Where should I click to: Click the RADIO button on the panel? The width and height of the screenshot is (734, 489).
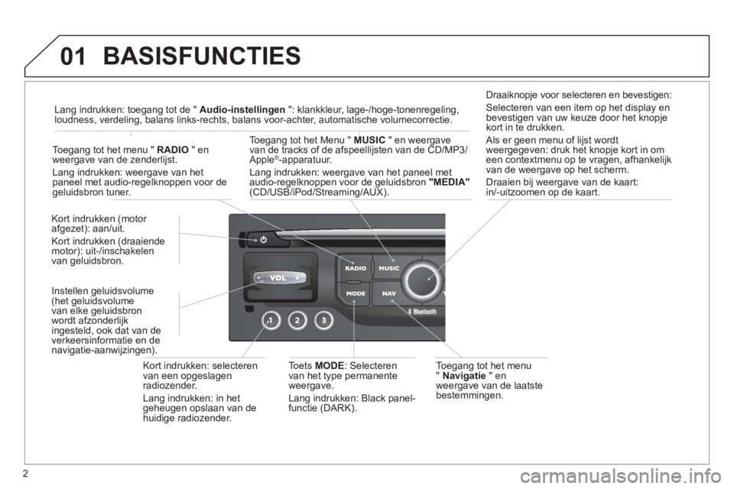(355, 268)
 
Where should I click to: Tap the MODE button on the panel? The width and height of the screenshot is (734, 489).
(355, 294)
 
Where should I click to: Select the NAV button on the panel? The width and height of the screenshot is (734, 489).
(388, 294)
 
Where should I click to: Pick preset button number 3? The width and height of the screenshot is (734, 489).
(324, 321)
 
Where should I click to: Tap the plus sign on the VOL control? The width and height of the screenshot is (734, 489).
(297, 278)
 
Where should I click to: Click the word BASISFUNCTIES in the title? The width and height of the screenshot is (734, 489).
(202, 56)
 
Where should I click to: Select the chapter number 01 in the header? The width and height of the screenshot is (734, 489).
(73, 56)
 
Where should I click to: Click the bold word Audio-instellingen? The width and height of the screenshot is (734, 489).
(242, 110)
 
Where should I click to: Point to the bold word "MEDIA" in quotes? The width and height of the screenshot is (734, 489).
(450, 183)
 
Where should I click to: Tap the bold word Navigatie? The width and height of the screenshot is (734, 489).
(464, 376)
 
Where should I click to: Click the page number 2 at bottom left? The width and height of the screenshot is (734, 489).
(25, 474)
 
